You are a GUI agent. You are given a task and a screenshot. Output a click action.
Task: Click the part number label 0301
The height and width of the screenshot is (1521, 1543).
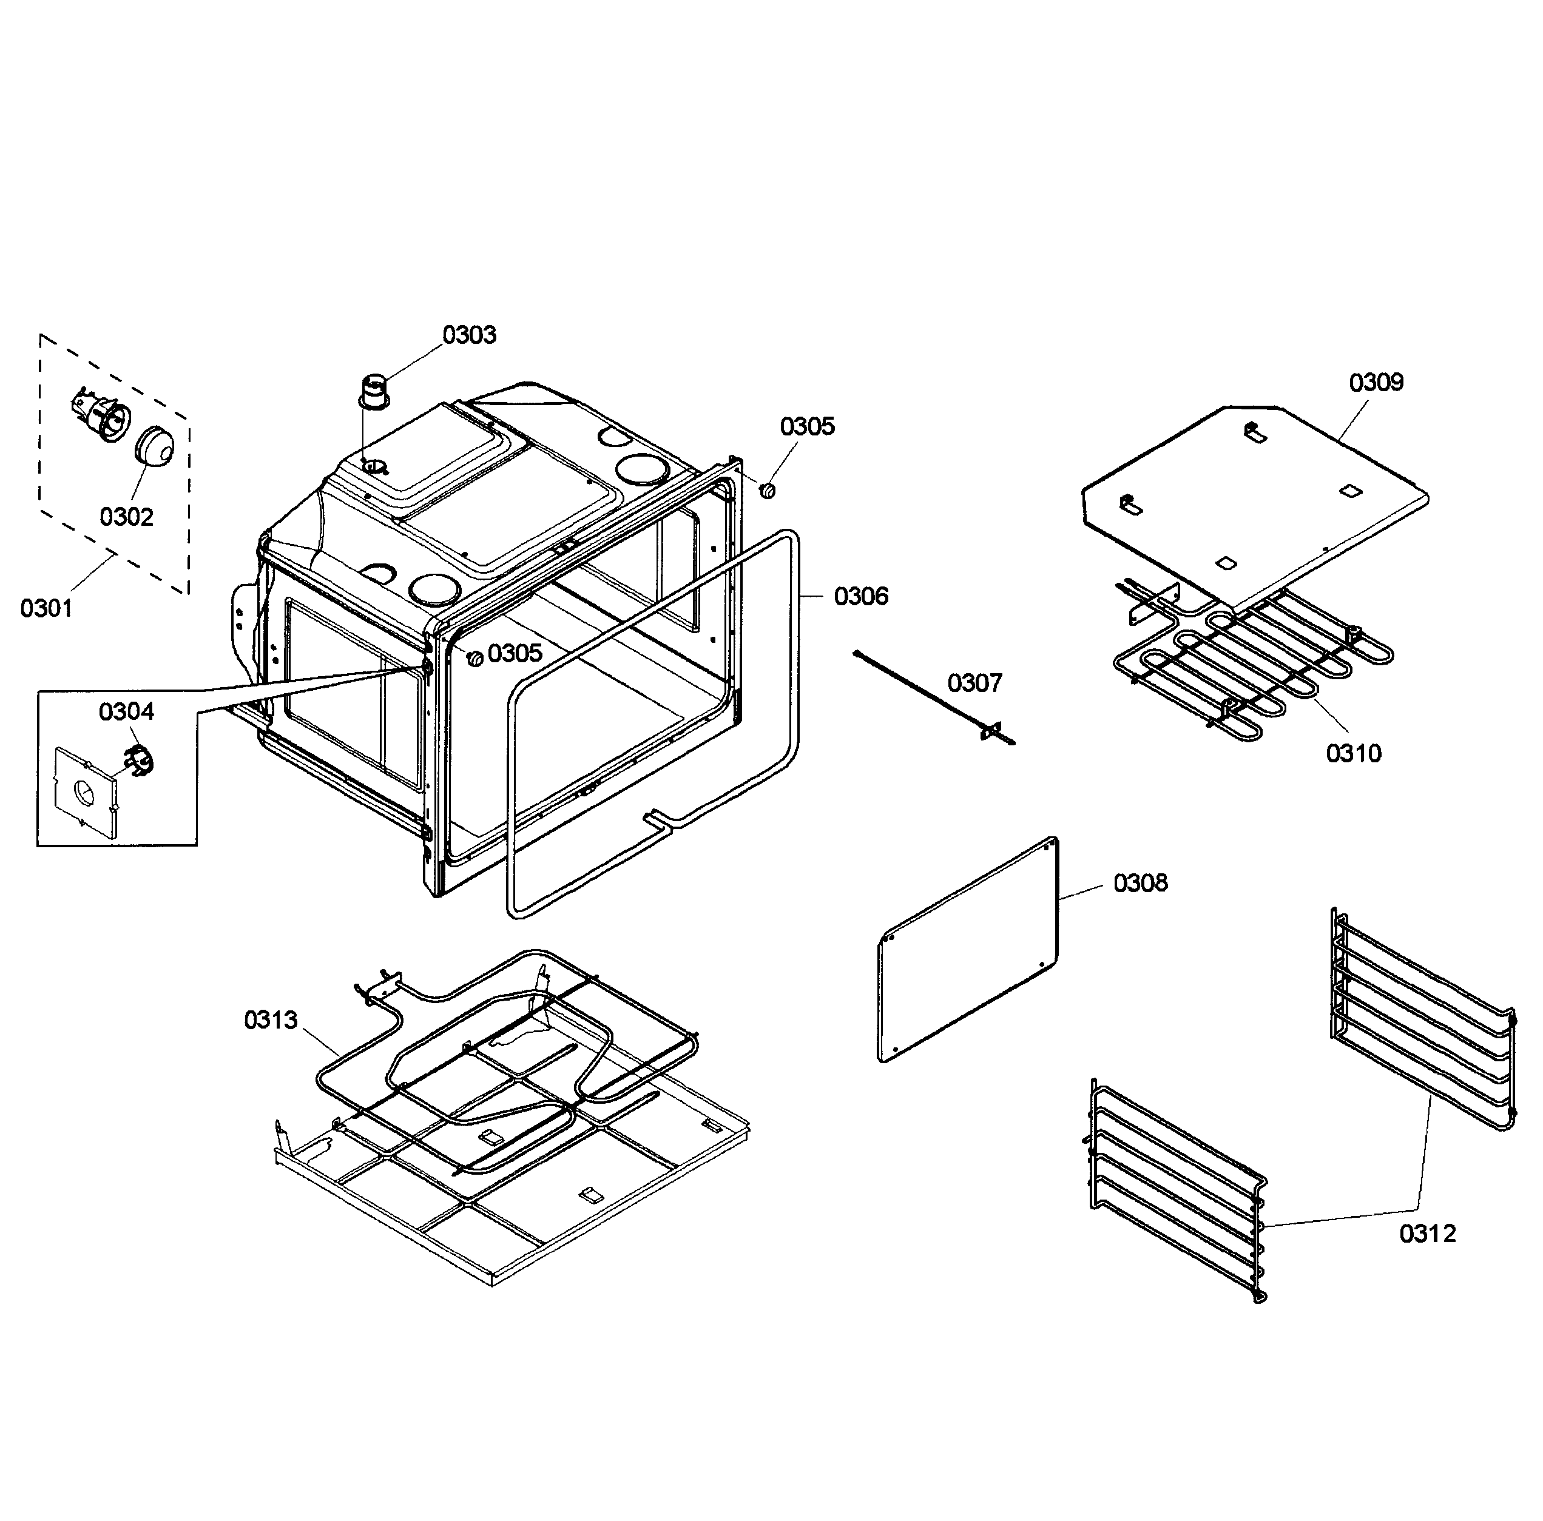[x=46, y=609]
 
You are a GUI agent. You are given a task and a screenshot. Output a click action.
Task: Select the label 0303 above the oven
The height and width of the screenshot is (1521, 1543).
[x=470, y=335]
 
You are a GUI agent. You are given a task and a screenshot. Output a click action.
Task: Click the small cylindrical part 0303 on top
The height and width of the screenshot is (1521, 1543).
[x=374, y=389]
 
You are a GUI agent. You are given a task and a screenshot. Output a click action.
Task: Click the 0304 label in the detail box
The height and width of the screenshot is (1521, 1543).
[x=127, y=712]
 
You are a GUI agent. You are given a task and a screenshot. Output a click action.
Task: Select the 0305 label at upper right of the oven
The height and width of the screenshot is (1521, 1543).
[x=808, y=427]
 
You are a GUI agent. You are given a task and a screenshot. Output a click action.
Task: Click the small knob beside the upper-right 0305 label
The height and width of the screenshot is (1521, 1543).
[x=768, y=490]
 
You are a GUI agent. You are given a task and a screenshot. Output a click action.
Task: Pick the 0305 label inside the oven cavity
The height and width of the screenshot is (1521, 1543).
[x=516, y=654]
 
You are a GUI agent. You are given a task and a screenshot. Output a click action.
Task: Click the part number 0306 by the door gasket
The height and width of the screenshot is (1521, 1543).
[x=862, y=596]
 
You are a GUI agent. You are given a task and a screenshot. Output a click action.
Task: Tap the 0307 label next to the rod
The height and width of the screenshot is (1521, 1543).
[x=975, y=683]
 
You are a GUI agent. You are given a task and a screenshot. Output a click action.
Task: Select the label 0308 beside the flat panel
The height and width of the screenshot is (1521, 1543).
[x=1141, y=884]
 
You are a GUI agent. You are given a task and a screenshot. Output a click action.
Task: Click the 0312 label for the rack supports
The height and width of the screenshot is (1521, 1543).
[x=1428, y=1234]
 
